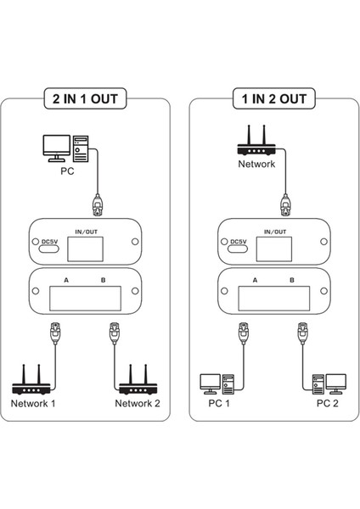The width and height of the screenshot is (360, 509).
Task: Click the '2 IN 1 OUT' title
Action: (85, 98)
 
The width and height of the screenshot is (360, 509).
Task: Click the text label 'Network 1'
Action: (33, 404)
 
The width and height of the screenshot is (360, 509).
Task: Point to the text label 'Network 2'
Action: (137, 404)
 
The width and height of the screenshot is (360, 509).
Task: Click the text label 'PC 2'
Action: (328, 404)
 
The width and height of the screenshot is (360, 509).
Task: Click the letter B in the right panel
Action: (291, 280)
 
